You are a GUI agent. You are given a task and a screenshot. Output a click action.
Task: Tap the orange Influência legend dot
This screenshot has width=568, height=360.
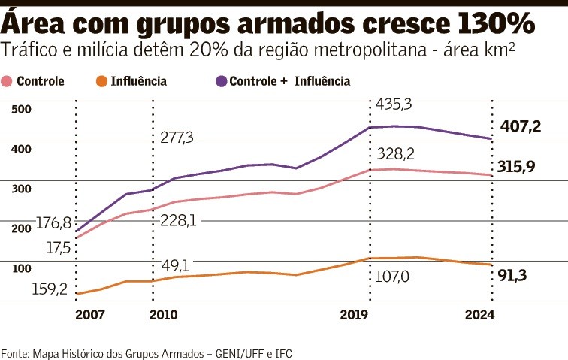point(102,81)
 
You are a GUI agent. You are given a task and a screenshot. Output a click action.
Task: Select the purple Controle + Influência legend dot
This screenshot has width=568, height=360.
point(221,81)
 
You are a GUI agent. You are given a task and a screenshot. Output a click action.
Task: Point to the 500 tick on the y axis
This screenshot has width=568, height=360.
point(22,110)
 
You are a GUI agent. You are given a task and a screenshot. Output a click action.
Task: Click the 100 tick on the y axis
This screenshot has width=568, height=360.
point(22,268)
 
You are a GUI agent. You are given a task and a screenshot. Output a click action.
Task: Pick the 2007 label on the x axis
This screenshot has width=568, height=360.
point(90,315)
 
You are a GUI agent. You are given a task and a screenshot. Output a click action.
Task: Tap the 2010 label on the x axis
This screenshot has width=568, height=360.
point(164,315)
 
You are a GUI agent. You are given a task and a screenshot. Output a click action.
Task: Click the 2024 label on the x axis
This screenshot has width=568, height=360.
point(480,315)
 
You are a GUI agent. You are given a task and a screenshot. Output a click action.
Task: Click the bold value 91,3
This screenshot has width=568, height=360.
point(512,275)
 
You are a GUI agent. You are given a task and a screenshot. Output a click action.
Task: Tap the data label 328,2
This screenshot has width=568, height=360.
point(396,154)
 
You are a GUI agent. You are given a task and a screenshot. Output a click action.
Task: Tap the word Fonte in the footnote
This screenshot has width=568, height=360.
point(13,352)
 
